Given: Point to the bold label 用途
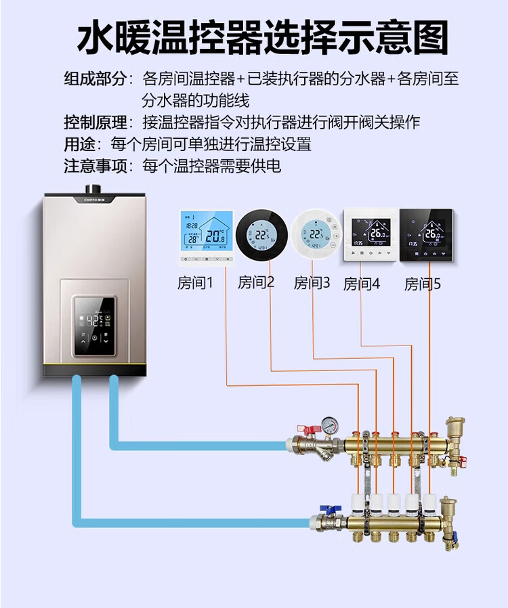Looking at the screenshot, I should pos(79,144).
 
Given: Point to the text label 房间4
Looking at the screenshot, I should pos(362,284).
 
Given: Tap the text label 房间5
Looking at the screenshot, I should pos(423,284).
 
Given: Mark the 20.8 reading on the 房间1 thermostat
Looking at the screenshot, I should pos(215,236).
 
